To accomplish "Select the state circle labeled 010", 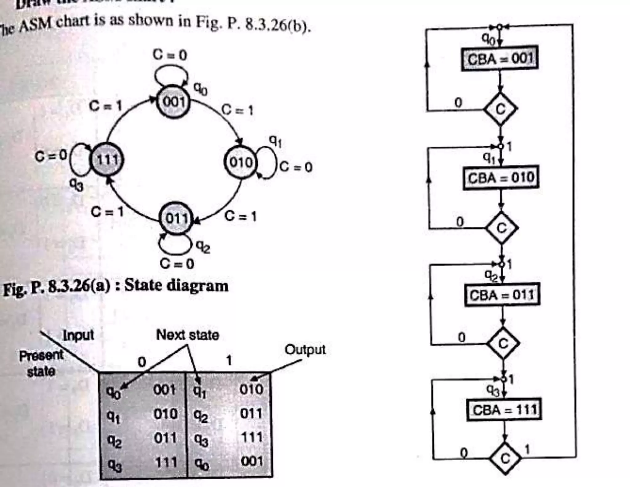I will tap(240, 162).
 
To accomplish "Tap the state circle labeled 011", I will tap(176, 218).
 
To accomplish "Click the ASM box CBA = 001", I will tap(500, 58).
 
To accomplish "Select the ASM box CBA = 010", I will tap(501, 178).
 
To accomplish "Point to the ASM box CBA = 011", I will tap(502, 295).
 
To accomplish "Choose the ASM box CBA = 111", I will tap(504, 410).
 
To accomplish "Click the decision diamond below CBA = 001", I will tap(500, 109).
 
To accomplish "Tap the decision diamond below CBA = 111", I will tap(505, 458).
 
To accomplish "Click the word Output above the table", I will tap(305, 350).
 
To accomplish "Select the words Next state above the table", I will tap(188, 335).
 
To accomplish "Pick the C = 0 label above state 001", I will tap(170, 55).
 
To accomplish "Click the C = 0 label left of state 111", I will tap(51, 156).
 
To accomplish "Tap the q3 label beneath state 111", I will tap(76, 185).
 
